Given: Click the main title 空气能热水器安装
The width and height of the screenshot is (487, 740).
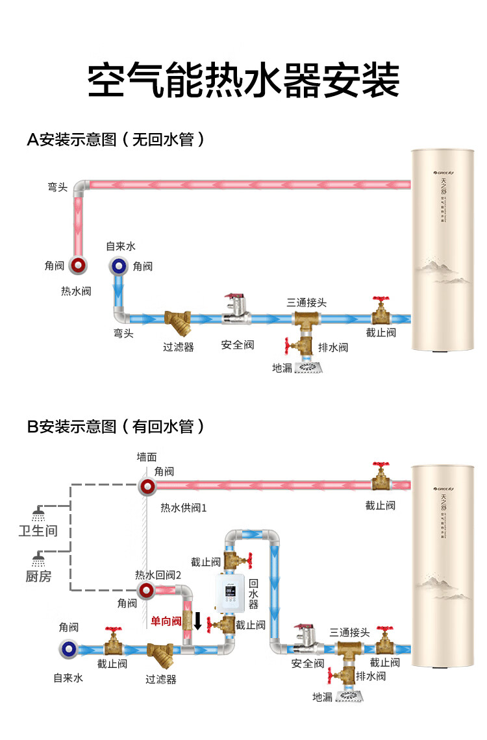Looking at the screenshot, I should tap(243, 79).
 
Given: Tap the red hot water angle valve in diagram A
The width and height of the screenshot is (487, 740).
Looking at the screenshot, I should tap(78, 265).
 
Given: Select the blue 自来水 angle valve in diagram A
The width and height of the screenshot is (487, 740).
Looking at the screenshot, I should tap(118, 265).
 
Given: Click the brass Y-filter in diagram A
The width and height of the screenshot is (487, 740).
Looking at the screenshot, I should tap(177, 319).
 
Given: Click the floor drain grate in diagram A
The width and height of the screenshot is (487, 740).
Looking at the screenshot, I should tap(309, 367).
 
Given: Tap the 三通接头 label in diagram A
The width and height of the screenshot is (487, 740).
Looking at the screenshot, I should tap(306, 302).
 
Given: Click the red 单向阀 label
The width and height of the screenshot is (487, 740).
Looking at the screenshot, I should tap(166, 621).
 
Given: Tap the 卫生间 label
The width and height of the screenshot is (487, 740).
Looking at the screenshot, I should tap(38, 531).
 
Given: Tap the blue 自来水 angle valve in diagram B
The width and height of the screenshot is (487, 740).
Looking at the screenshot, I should tap(68, 647).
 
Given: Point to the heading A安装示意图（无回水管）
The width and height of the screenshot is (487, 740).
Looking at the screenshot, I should tap(116, 140).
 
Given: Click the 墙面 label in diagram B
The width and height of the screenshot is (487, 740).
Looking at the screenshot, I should tap(146, 458).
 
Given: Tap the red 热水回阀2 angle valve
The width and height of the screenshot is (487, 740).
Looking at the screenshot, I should tap(146, 590).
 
